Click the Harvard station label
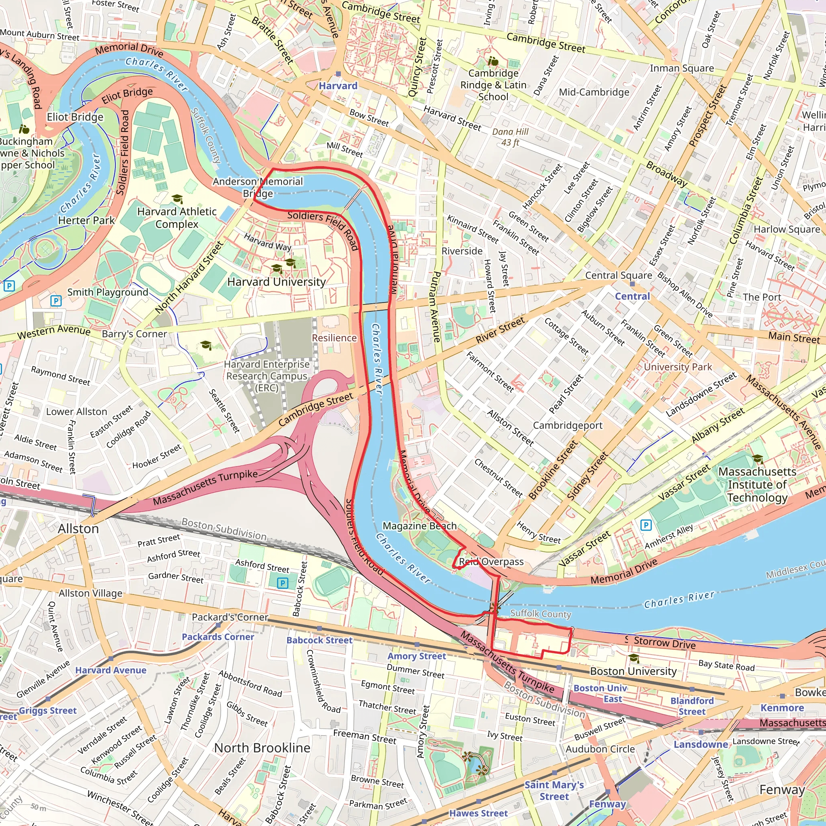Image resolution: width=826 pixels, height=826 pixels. (338, 86)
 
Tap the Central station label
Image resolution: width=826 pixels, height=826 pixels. (632, 296)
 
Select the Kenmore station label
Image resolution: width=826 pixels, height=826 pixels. (782, 707)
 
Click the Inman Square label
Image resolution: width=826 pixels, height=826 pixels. (682, 69)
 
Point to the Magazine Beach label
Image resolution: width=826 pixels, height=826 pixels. (419, 526)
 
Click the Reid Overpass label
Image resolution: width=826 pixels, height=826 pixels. (491, 562)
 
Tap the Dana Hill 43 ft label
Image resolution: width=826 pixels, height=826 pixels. (510, 137)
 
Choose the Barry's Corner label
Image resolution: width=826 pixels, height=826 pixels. (134, 334)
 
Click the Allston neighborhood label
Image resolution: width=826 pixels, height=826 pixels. (78, 529)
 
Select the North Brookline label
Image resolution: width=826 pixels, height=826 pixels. (262, 748)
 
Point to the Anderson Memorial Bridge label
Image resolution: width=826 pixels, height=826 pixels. (258, 187)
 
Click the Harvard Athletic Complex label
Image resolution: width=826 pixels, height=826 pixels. (177, 218)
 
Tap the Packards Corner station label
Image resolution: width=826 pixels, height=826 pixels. (218, 636)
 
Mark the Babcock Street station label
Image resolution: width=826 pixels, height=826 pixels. (319, 640)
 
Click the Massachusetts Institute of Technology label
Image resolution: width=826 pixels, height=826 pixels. (757, 484)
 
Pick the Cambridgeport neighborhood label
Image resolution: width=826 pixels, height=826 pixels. (567, 426)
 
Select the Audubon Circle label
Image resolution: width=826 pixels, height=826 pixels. (600, 749)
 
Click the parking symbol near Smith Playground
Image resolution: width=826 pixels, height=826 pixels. (56, 300)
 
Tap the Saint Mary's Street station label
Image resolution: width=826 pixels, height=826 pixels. (554, 791)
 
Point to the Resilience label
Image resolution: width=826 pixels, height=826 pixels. (334, 338)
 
